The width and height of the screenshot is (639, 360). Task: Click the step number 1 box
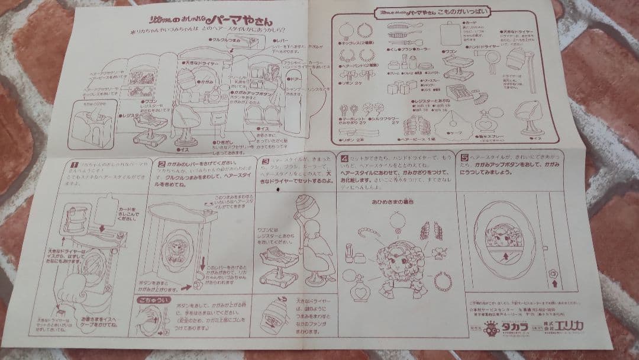pyautogui.click(x=75, y=163)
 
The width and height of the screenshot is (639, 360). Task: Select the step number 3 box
pyautogui.click(x=266, y=160)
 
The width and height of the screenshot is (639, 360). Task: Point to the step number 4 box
pyautogui.click(x=344, y=159)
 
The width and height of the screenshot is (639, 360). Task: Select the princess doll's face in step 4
pyautogui.click(x=395, y=260)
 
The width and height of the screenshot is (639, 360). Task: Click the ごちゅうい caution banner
pyautogui.click(x=149, y=301)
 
